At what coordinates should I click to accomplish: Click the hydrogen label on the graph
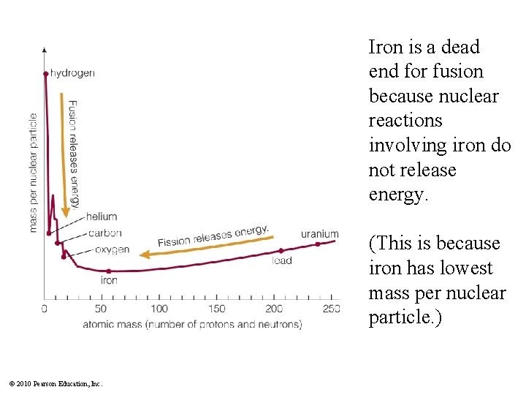(x=72, y=73)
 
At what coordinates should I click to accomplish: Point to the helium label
(x=102, y=217)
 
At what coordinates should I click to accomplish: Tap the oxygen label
(x=113, y=249)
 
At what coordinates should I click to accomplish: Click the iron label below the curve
(x=109, y=280)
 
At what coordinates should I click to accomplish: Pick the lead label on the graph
(x=281, y=260)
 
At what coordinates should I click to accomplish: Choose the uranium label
(x=320, y=234)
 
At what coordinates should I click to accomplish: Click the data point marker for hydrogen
(x=46, y=73)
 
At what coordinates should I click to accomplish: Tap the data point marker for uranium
(x=318, y=244)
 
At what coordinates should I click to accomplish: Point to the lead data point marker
(x=281, y=251)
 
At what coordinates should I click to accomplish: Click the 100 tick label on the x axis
(x=159, y=309)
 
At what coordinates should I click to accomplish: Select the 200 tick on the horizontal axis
(x=274, y=309)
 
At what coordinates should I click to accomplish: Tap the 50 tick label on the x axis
(x=102, y=309)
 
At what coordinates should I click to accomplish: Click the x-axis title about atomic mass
(x=192, y=324)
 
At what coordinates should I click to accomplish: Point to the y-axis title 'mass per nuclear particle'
(x=34, y=173)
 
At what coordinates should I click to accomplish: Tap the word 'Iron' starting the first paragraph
(x=384, y=48)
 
